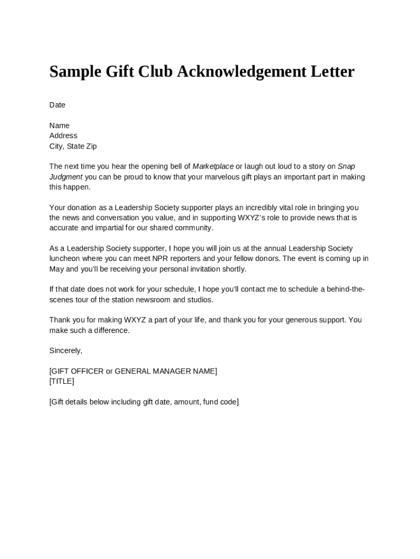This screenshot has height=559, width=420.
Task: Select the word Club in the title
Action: click(155, 72)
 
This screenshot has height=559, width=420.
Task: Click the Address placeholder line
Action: click(63, 135)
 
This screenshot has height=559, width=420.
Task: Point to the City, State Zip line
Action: click(73, 146)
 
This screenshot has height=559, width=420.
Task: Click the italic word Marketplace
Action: click(213, 166)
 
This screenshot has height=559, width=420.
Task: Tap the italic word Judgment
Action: click(66, 177)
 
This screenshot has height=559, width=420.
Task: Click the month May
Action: click(57, 269)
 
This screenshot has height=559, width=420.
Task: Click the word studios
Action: click(201, 300)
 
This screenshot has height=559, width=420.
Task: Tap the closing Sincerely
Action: click(66, 350)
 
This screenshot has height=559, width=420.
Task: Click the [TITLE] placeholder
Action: click(62, 381)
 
